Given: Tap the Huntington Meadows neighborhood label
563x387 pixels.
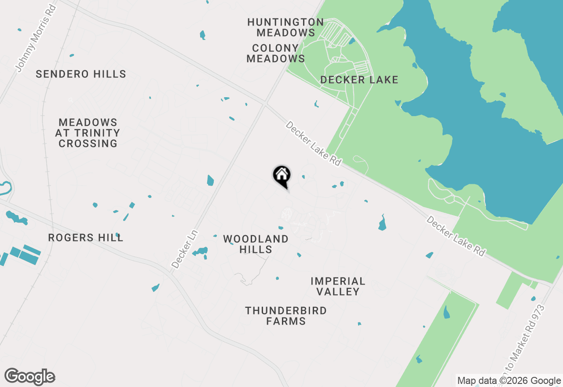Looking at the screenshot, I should click(285, 27).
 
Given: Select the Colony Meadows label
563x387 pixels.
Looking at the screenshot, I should click(276, 53).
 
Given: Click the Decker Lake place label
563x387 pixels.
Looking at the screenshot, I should click(359, 80).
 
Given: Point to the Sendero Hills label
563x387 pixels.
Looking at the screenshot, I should click(81, 74).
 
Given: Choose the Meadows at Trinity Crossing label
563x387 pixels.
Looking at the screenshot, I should click(88, 133).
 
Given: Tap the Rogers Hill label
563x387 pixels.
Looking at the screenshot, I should click(86, 238).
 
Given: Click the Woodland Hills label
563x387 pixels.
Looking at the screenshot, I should click(256, 244).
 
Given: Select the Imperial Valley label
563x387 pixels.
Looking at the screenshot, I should click(338, 286).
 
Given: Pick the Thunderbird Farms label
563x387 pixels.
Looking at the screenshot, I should click(286, 316).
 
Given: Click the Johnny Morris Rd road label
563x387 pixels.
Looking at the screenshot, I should click(36, 38).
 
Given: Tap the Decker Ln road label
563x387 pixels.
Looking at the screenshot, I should click(185, 249).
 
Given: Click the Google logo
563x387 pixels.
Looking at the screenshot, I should click(30, 377).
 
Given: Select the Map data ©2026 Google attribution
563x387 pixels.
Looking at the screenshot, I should click(509, 381).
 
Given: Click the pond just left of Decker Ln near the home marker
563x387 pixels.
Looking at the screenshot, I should click(210, 180).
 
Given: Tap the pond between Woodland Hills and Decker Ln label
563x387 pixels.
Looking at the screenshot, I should click(201, 252).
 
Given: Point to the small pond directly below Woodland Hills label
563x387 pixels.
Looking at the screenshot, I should click(277, 278).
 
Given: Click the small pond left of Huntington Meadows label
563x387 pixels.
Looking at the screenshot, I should click(202, 35).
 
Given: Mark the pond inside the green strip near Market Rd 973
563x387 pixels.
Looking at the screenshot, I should click(447, 312).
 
